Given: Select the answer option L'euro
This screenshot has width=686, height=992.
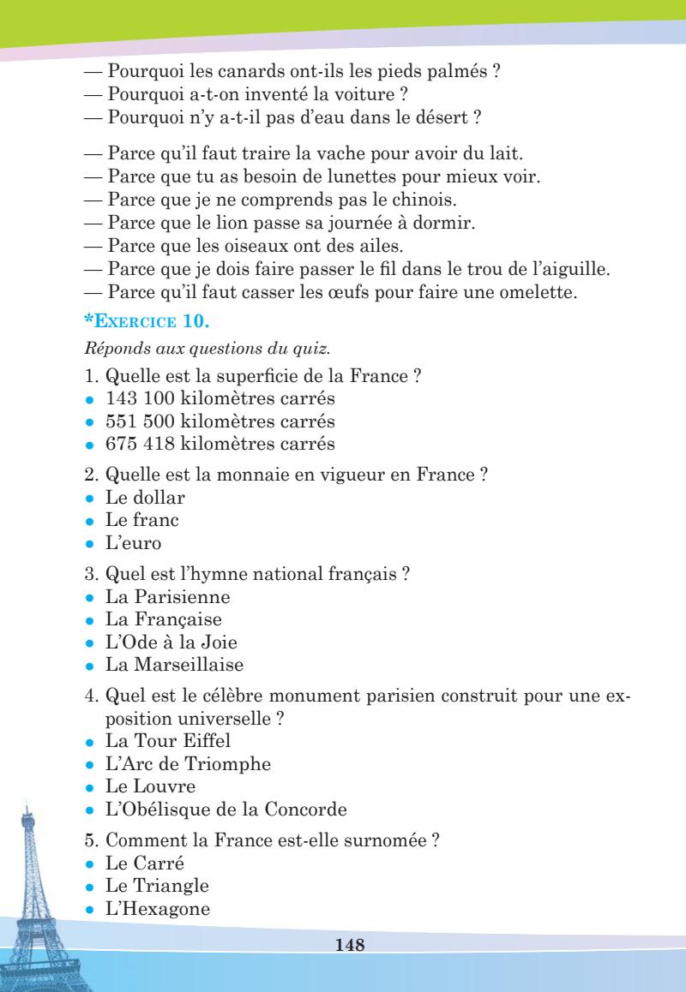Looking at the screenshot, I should (133, 543).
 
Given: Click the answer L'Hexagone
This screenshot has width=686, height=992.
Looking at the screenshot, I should (157, 908).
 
